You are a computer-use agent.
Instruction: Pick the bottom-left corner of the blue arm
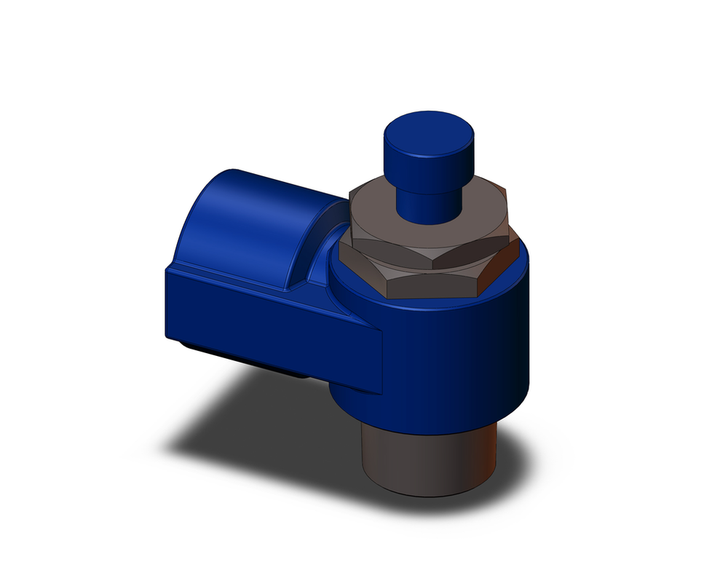pyautogui.click(x=169, y=336)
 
